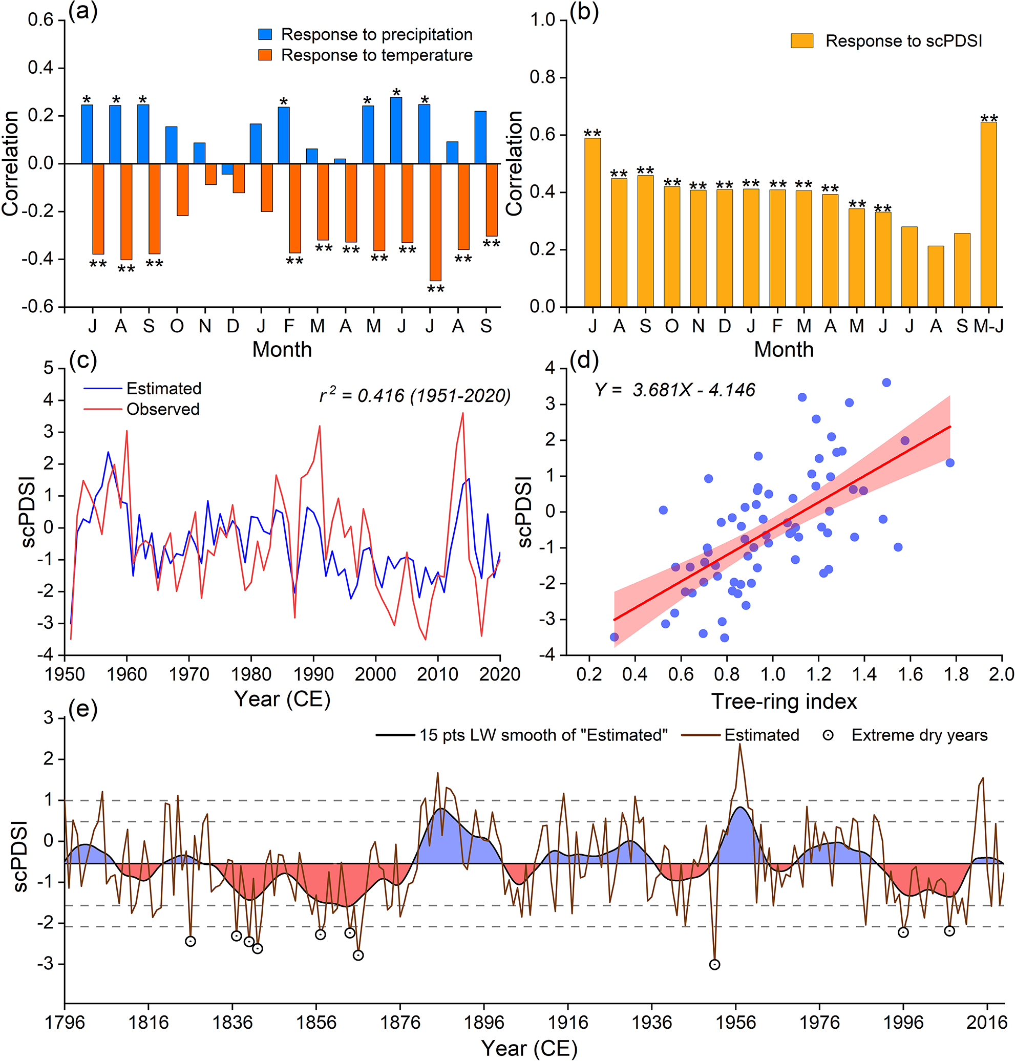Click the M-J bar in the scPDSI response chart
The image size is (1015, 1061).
(988, 214)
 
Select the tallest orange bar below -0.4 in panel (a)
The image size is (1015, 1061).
(435, 222)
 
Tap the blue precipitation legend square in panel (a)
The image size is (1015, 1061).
(265, 35)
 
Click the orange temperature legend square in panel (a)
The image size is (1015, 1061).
(265, 55)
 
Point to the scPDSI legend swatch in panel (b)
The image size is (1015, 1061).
(802, 41)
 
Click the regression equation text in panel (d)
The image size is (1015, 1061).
(674, 390)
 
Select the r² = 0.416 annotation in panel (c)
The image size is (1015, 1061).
(415, 396)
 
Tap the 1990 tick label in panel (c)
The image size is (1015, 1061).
(313, 675)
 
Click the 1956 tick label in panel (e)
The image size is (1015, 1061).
(735, 1023)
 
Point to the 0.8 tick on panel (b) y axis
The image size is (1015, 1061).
(542, 77)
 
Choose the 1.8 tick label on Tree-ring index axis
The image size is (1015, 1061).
(956, 675)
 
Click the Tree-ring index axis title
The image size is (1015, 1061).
(784, 701)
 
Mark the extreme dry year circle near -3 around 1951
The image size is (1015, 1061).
(714, 964)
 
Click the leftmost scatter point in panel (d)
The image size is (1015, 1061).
(614, 637)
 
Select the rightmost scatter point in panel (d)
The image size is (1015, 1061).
(950, 462)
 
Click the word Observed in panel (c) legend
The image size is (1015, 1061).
(163, 409)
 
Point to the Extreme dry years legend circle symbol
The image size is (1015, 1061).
(828, 735)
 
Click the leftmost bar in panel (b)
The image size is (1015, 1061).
(593, 222)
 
